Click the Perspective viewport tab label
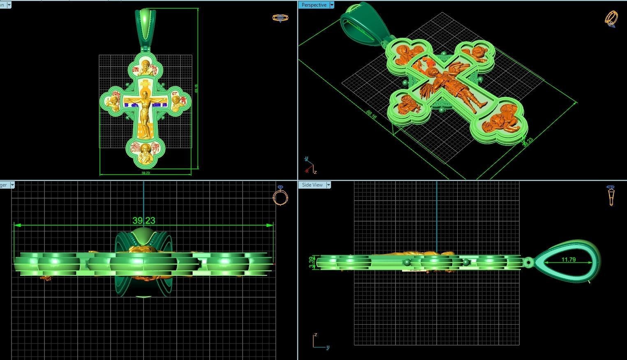(x=314, y=5)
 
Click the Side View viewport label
(x=312, y=185)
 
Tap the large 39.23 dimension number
(x=144, y=221)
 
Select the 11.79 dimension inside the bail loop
(x=568, y=260)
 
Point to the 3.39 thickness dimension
(x=311, y=262)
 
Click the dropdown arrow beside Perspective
(x=332, y=5)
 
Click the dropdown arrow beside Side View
(x=329, y=185)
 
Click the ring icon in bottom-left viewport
(x=280, y=196)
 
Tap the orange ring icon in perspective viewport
(x=611, y=19)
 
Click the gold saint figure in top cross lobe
(x=145, y=67)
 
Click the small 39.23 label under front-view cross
(x=146, y=173)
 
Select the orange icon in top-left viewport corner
(x=280, y=18)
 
